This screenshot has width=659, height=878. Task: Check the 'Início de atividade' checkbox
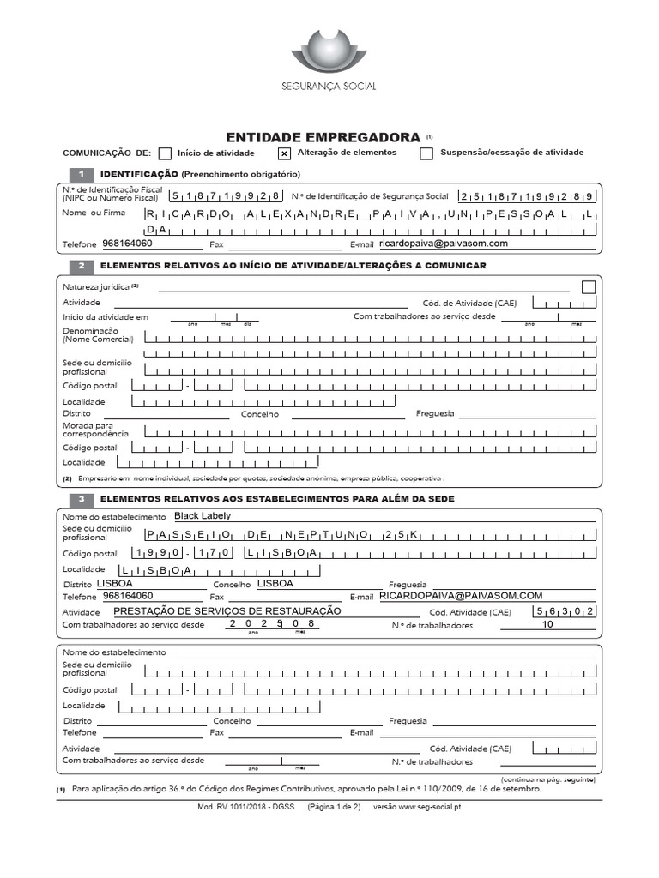pos(166,153)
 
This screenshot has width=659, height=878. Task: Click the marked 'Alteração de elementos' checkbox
pos(284,153)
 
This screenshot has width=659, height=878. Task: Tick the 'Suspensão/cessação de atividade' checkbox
pos(426,153)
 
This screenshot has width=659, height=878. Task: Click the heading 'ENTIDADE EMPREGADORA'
pos(322,136)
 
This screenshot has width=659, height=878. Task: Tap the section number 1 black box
pos(80,174)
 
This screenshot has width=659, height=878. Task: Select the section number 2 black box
pos(80,266)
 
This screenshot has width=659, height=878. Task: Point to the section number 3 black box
pos(80,499)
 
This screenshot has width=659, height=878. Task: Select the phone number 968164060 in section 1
pos(127,244)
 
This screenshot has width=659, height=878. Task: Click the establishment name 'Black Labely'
pos(203,516)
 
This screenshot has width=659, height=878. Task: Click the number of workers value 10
pos(547,625)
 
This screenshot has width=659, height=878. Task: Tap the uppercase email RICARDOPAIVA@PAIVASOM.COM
pos(462,596)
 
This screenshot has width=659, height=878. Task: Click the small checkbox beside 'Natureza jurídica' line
pos(588,287)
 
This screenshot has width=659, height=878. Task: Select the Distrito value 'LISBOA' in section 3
pos(115,583)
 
